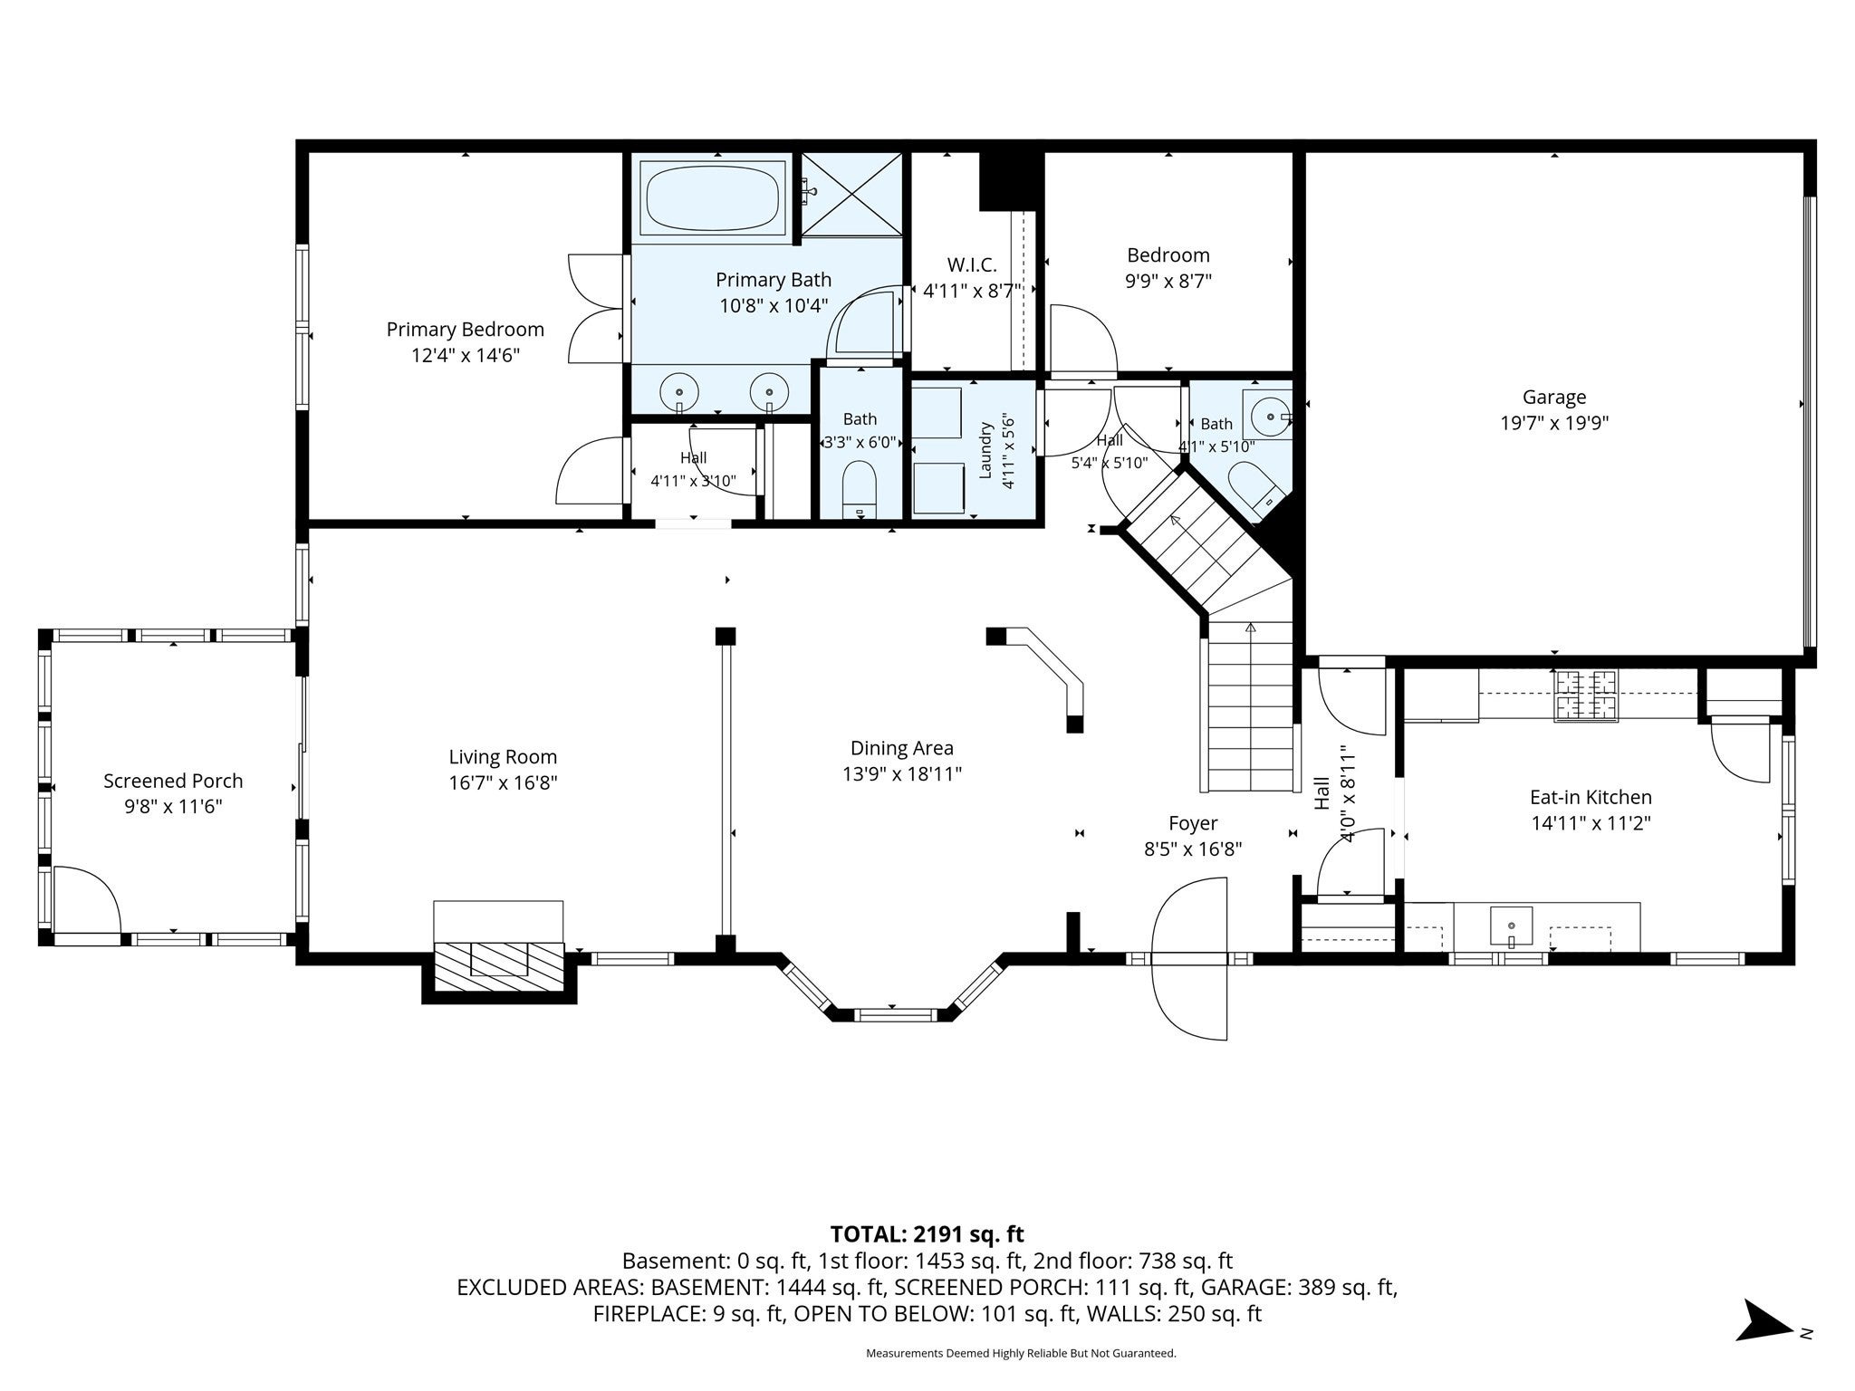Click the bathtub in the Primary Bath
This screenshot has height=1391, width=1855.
(x=713, y=199)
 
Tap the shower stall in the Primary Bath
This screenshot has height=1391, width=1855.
(x=852, y=196)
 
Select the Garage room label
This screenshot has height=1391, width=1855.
(x=1554, y=397)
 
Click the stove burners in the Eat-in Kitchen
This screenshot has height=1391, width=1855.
(x=1586, y=695)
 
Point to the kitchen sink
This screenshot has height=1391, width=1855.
(x=1512, y=926)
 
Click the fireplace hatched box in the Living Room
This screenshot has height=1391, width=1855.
(x=499, y=965)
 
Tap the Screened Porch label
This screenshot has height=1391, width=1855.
(x=173, y=781)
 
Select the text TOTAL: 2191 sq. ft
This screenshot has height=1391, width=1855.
(x=927, y=1233)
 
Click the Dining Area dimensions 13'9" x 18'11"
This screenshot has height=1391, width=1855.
(x=901, y=774)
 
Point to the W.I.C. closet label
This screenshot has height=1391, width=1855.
(x=972, y=265)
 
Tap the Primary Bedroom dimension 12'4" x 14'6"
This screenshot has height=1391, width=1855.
(x=466, y=356)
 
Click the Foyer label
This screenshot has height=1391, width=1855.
(x=1193, y=823)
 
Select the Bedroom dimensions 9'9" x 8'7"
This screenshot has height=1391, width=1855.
(x=1168, y=282)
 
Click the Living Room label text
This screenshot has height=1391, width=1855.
(x=503, y=757)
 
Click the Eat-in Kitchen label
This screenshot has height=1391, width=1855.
(x=1591, y=797)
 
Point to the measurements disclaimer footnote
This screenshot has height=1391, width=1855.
(x=1021, y=1354)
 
